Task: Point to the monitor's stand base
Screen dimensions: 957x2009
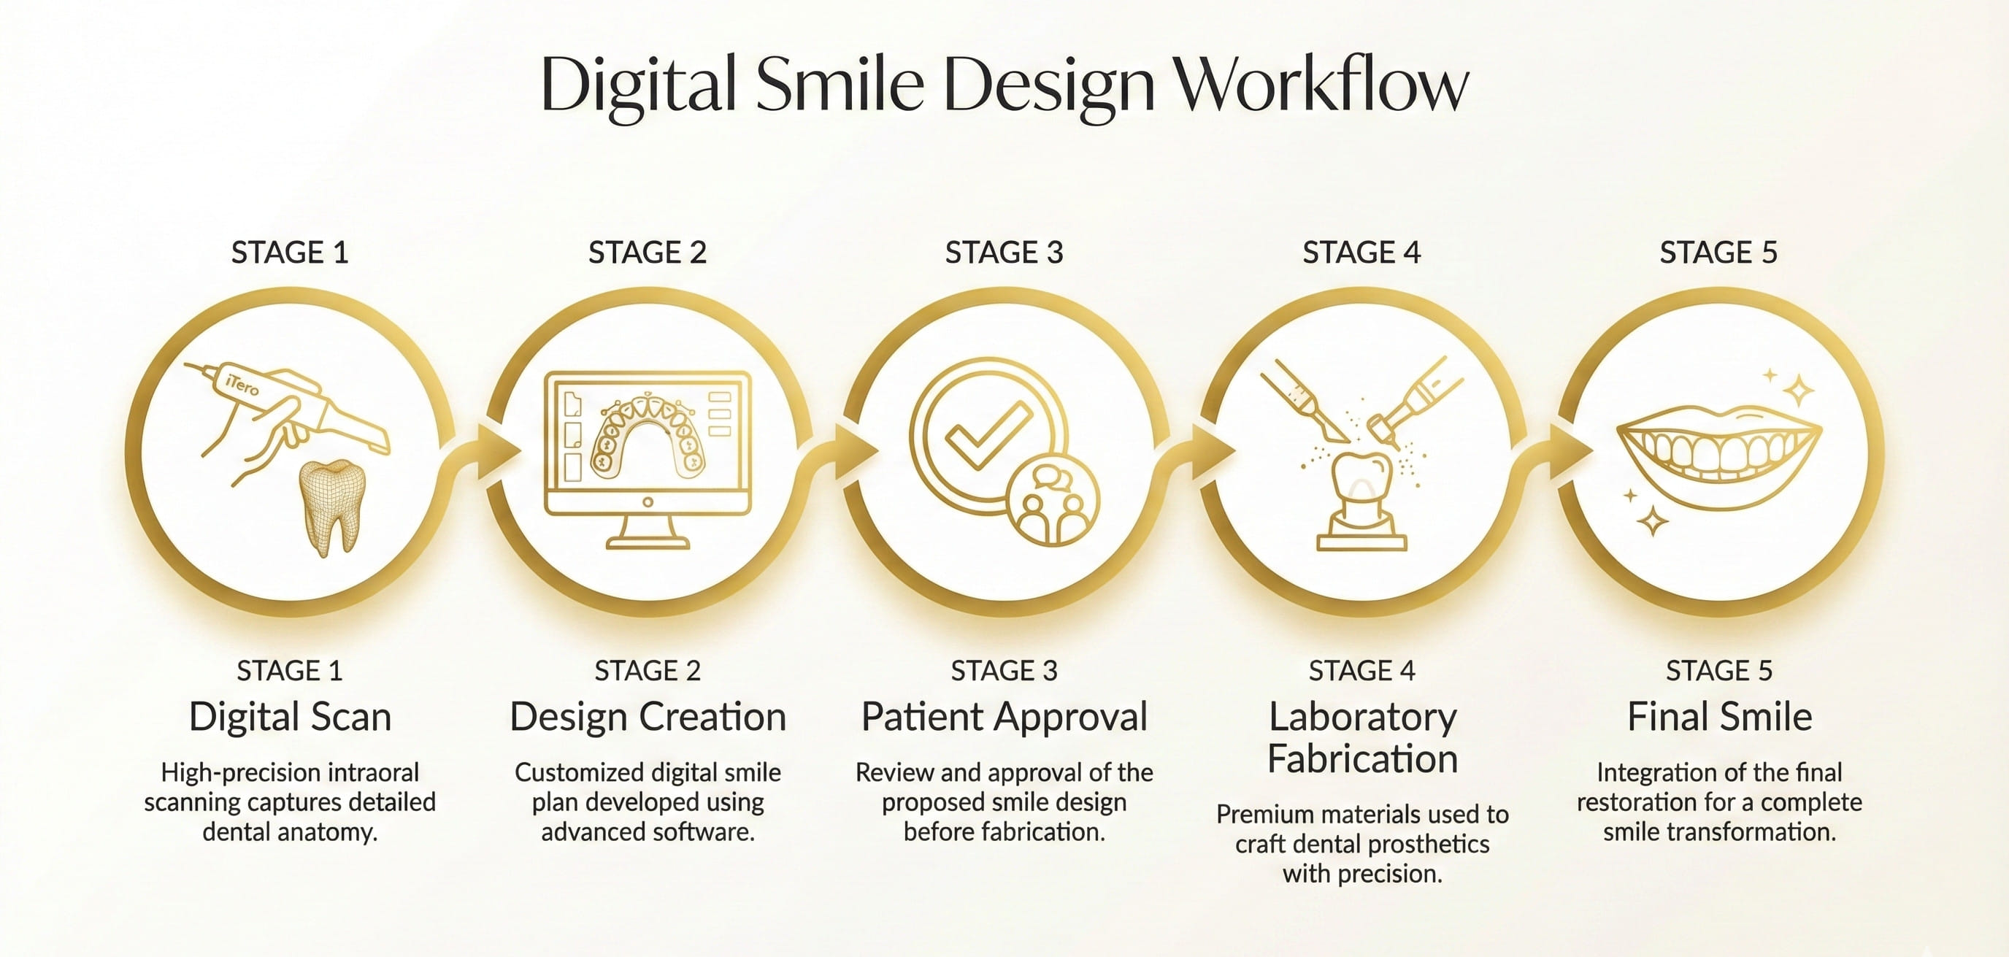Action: tap(648, 542)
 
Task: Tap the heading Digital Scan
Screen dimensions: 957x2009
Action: tap(290, 717)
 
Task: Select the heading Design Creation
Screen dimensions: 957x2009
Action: tap(648, 717)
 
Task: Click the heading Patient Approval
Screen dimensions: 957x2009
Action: tap(1004, 717)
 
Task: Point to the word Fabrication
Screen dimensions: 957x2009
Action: tap(1362, 759)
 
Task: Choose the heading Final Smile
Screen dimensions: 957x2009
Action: tap(1720, 717)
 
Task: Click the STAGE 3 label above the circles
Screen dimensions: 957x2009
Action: tap(1004, 253)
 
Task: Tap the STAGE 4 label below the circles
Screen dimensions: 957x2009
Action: tap(1361, 671)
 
